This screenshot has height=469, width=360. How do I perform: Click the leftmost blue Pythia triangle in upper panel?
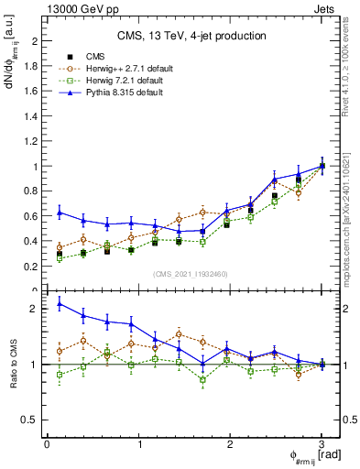pos(60,213)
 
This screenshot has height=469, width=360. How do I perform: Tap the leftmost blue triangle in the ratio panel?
pos(60,303)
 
